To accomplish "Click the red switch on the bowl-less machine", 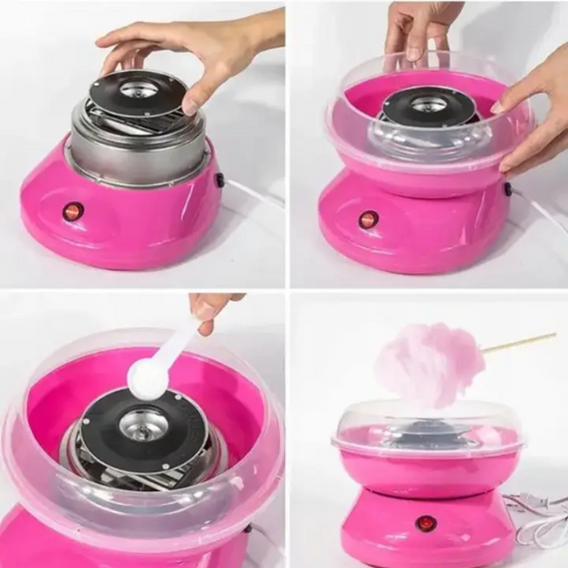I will click(72, 211).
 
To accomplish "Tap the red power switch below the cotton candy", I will click(425, 523).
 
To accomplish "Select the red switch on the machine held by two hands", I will click(368, 219).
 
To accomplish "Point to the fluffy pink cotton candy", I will click(428, 364).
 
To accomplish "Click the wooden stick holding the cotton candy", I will click(518, 342).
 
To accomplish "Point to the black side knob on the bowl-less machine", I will click(219, 179).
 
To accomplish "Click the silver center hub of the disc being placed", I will click(139, 89).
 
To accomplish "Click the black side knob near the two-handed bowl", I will click(507, 187).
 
